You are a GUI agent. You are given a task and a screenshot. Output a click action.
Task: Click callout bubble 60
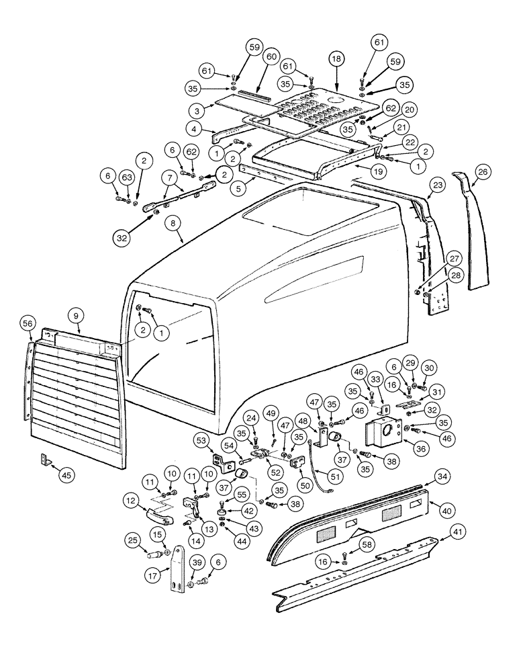(x=271, y=58)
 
